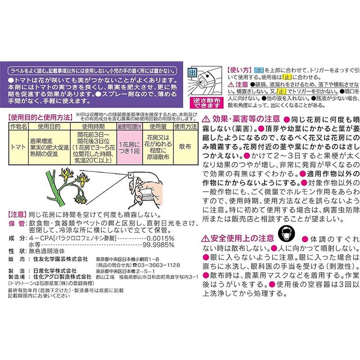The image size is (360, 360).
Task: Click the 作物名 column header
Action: tap(19, 127)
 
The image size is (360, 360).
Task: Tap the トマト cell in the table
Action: tap(19, 147)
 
